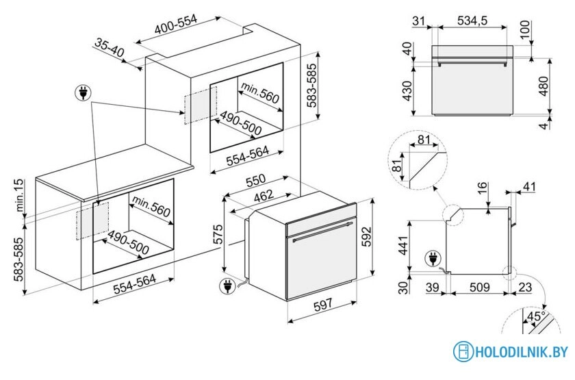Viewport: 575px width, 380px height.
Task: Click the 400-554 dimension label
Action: [x=175, y=25]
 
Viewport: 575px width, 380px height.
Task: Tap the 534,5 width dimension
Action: [x=472, y=22]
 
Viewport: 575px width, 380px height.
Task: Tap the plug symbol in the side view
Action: [x=433, y=259]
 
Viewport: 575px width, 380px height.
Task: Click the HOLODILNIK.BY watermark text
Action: [x=522, y=352]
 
